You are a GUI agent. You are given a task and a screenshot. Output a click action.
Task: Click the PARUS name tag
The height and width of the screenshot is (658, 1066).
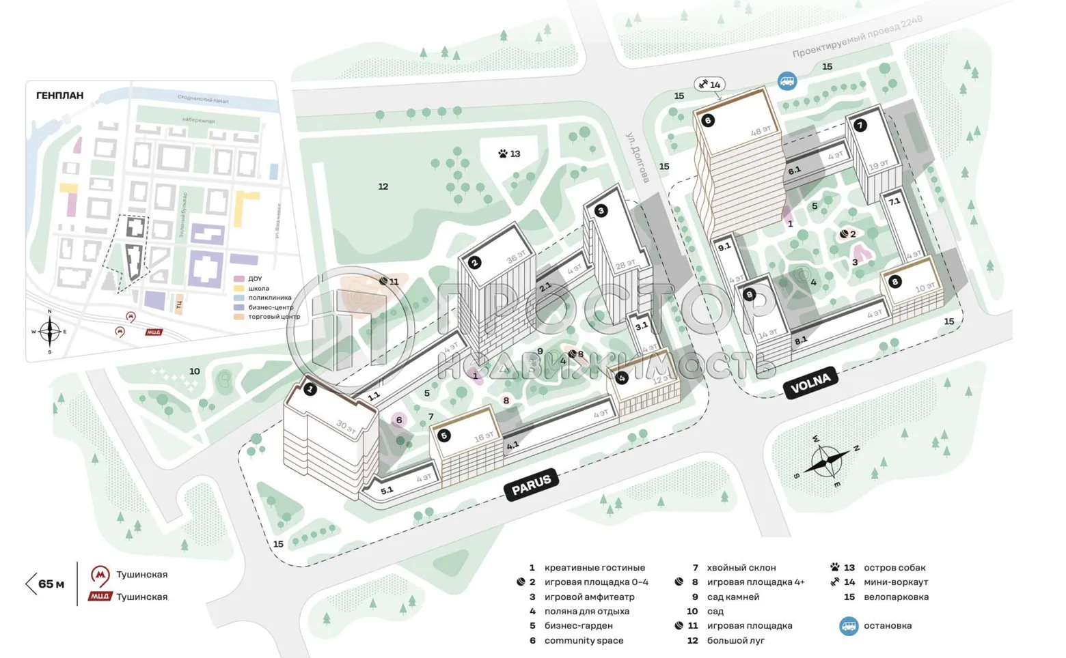(x=532, y=484)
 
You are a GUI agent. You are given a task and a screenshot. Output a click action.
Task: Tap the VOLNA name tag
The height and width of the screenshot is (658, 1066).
(x=810, y=384)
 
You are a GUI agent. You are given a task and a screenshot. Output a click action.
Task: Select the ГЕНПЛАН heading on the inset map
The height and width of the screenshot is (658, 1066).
(x=60, y=96)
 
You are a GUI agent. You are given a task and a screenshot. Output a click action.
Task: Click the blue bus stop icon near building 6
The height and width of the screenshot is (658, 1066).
(x=787, y=81)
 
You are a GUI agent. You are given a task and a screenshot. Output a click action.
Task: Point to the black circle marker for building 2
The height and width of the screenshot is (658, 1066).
(x=475, y=262)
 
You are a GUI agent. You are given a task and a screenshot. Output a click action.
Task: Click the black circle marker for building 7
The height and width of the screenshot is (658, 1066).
(x=860, y=126)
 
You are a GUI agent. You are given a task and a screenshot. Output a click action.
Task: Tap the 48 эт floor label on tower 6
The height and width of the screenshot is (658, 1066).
(x=761, y=130)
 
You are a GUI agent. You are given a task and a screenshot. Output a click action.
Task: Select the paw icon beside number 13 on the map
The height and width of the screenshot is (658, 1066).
(x=503, y=154)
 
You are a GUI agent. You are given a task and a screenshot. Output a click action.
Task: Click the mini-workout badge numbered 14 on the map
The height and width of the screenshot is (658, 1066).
(x=709, y=85)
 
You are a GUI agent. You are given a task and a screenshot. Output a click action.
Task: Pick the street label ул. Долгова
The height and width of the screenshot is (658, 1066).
(x=638, y=157)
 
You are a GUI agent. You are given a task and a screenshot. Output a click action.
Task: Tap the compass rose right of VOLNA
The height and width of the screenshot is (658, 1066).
(x=826, y=461)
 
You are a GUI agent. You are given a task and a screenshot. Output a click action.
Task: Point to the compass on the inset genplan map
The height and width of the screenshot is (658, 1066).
(x=49, y=332)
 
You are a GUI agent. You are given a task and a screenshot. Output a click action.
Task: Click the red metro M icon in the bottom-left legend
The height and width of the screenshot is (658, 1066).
(x=100, y=575)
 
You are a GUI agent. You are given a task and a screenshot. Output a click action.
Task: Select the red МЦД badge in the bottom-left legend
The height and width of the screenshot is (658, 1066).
(x=100, y=597)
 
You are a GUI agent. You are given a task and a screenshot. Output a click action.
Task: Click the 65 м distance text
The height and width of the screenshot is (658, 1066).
(x=51, y=584)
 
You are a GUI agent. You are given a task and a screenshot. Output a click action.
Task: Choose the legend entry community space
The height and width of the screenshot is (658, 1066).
(x=584, y=641)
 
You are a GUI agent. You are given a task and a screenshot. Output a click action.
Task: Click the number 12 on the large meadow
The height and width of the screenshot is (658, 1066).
(x=383, y=186)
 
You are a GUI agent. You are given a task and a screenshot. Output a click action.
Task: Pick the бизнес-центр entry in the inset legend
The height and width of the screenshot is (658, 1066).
(x=271, y=307)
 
